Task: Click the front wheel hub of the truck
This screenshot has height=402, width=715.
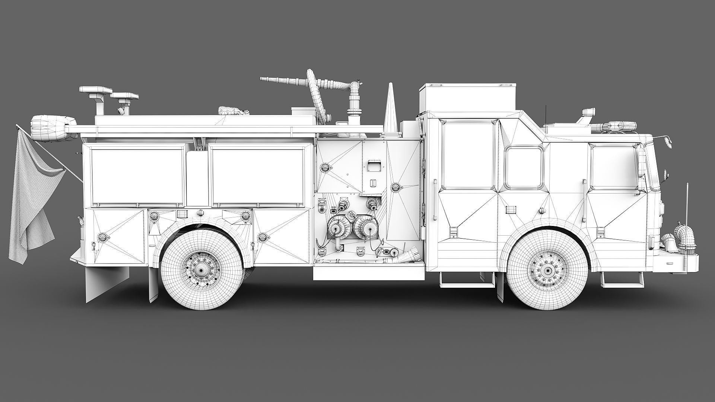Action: coord(548,269)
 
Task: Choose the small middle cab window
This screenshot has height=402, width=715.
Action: coord(523,167)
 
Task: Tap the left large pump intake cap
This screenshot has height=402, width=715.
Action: coord(339,227)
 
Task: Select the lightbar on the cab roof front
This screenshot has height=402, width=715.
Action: coord(618,127)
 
